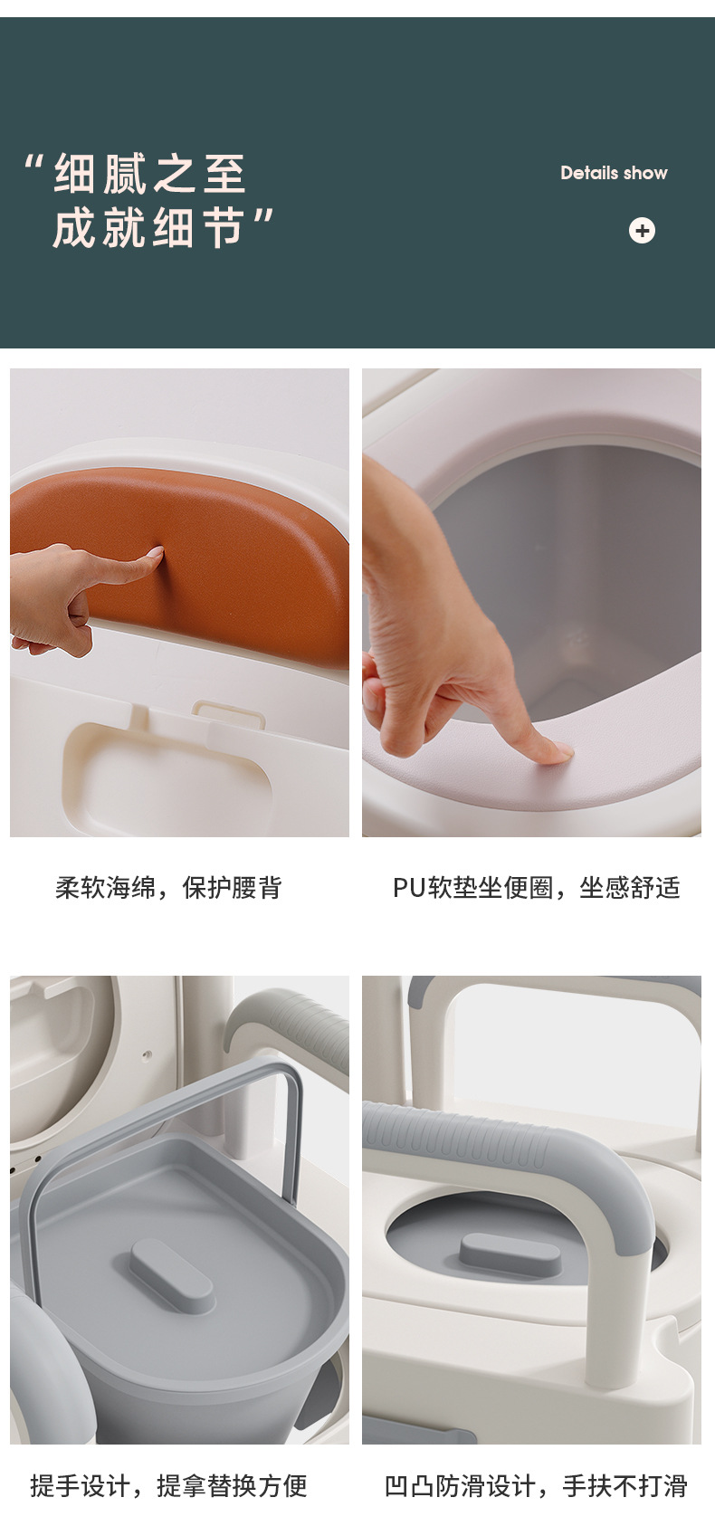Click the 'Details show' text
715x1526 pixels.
pyautogui.click(x=614, y=173)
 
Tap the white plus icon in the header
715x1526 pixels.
pyautogui.click(x=642, y=230)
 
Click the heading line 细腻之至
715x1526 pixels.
pyautogui.click(x=149, y=174)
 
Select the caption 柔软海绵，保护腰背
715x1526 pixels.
pyautogui.click(x=169, y=888)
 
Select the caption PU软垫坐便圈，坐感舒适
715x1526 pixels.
pyautogui.click(x=537, y=888)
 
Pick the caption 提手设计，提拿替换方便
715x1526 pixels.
pyautogui.click(x=169, y=1485)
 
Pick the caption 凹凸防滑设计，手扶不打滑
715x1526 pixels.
pyautogui.click(x=537, y=1485)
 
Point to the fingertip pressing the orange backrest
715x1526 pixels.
pyautogui.click(x=158, y=552)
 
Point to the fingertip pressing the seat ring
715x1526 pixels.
pyautogui.click(x=565, y=751)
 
